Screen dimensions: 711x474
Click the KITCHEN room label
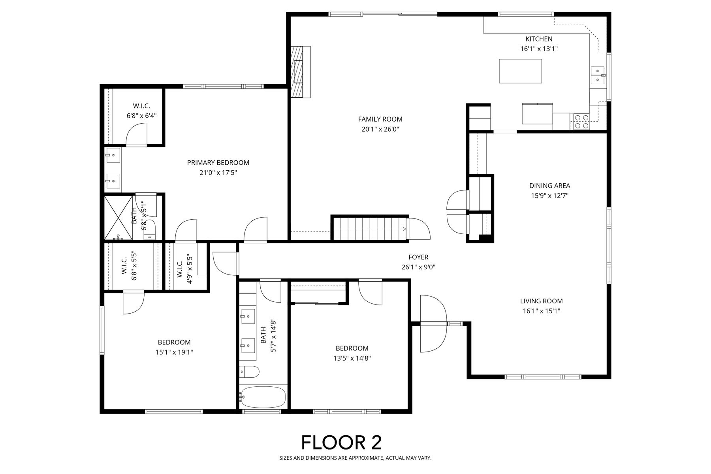pyautogui.click(x=539, y=39)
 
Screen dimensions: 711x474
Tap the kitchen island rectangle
pyautogui.click(x=520, y=71)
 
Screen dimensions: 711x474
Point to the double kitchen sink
pyautogui.click(x=598, y=75)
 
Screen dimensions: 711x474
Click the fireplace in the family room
pyautogui.click(x=300, y=72)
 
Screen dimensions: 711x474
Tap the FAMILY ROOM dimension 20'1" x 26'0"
pyautogui.click(x=380, y=129)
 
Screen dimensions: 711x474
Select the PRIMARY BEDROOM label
pyautogui.click(x=218, y=162)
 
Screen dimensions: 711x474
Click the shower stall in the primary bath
pyautogui.click(x=118, y=218)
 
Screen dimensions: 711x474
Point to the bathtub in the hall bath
pyautogui.click(x=263, y=397)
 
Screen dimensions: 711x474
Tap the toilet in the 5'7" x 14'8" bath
pyautogui.click(x=249, y=372)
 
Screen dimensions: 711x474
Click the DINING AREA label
pyautogui.click(x=549, y=186)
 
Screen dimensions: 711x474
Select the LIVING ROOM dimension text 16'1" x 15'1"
pyautogui.click(x=541, y=311)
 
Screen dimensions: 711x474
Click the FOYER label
pyautogui.click(x=418, y=257)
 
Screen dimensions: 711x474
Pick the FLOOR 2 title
pyautogui.click(x=342, y=442)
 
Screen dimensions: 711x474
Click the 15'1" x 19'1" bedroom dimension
pyautogui.click(x=174, y=352)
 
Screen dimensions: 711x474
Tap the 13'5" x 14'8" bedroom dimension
pyautogui.click(x=352, y=358)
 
